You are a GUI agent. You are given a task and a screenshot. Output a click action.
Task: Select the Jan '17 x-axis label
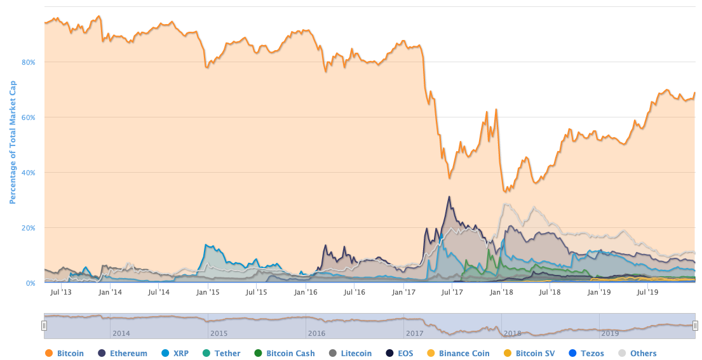point(403,293)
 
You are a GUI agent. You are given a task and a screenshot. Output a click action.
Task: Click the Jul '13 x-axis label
point(60,293)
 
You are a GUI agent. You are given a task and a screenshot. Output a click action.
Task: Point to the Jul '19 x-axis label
point(647,293)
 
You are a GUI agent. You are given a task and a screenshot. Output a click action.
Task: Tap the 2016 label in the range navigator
point(316,333)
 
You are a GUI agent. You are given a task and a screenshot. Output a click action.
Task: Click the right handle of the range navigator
point(696,325)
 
